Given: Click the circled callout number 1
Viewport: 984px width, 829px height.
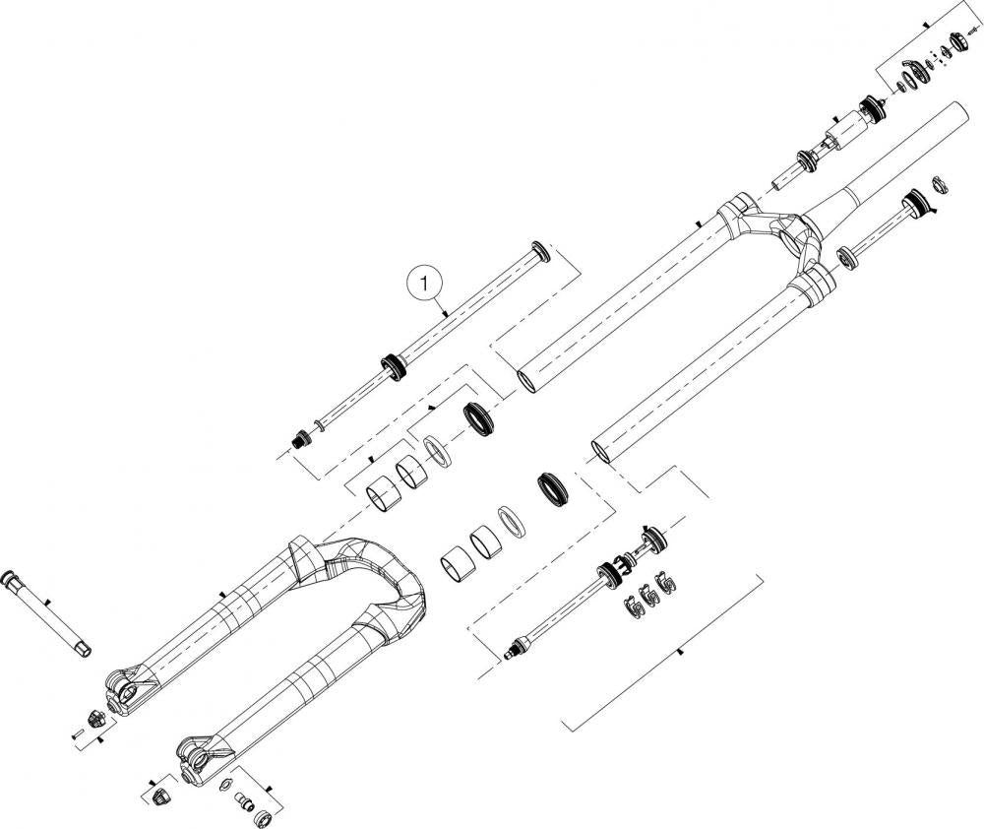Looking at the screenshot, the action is (426, 284).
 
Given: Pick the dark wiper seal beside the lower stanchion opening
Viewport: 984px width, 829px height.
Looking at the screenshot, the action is (553, 487).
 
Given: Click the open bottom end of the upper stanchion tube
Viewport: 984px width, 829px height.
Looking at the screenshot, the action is (528, 382).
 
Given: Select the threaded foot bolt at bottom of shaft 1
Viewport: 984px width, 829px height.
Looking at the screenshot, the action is (299, 439).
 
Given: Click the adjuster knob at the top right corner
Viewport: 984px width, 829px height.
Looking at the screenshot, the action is (958, 39).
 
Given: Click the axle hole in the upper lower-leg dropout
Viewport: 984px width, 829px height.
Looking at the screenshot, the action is (130, 693).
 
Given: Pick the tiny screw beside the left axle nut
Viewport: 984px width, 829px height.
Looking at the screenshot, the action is (78, 734).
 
